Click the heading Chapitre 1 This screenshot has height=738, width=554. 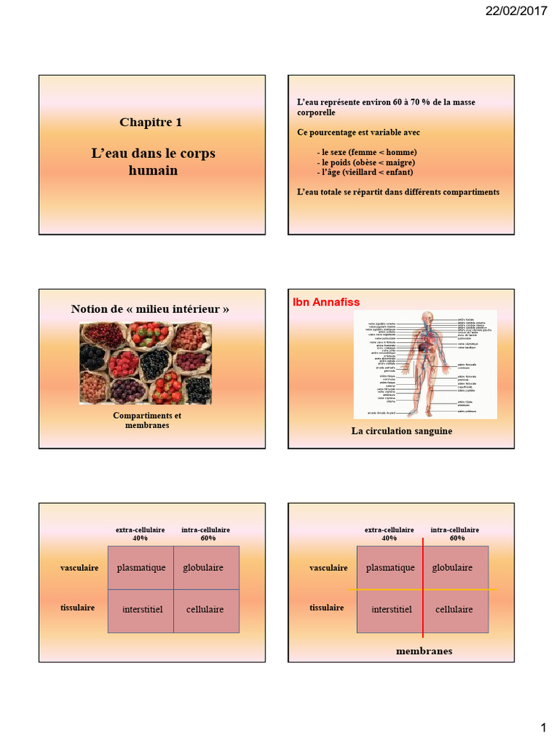point(151,122)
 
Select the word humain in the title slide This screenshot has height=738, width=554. point(153,171)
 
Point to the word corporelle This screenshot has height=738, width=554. point(316,112)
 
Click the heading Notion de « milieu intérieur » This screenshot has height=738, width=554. point(150,309)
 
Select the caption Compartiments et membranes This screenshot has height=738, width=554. point(147,421)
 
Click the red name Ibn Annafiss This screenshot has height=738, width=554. point(326,301)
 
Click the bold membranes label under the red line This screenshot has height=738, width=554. point(424,651)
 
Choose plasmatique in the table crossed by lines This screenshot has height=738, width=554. point(390,568)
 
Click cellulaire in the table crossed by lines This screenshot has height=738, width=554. point(454,610)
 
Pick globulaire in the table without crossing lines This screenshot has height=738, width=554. point(203,568)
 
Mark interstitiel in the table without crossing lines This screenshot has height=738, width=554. point(142,610)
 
